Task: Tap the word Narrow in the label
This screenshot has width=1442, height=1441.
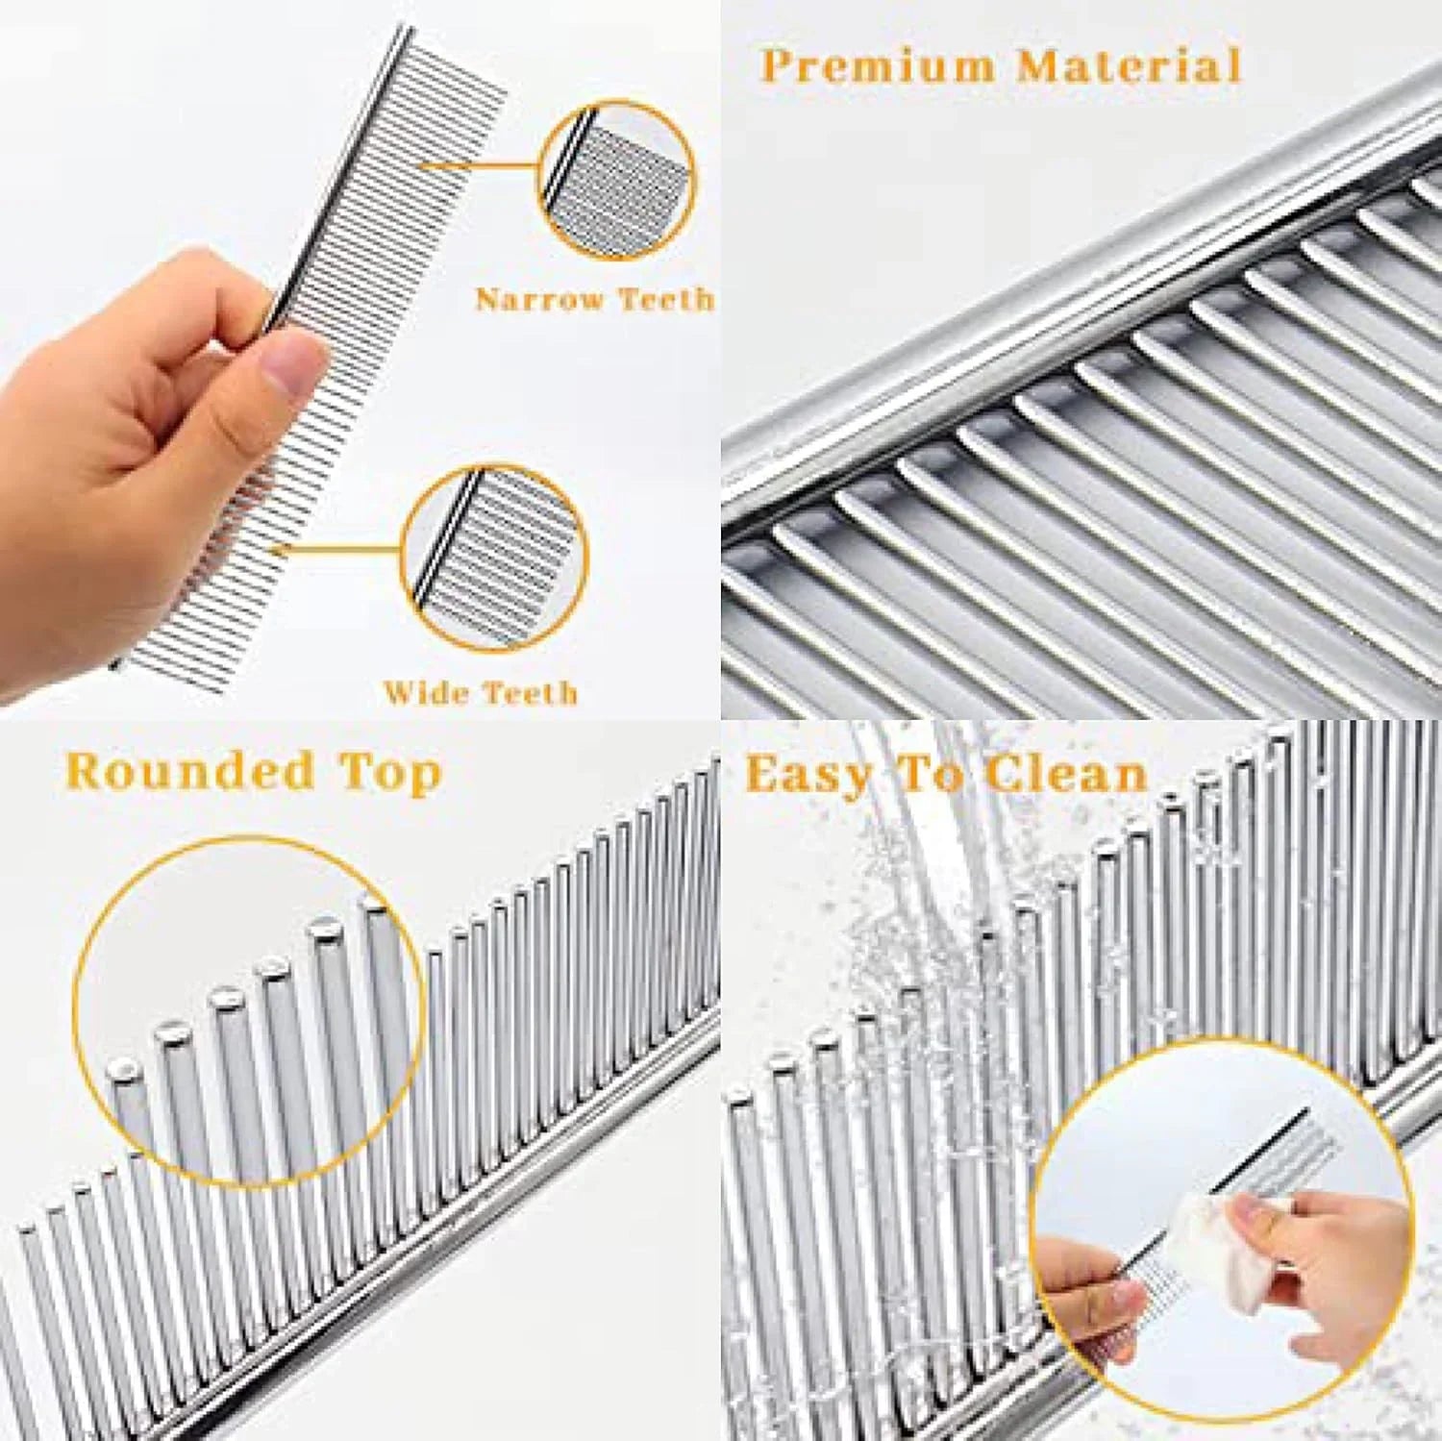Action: pyautogui.click(x=538, y=300)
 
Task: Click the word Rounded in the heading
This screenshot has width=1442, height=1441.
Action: pyautogui.click(x=190, y=772)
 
